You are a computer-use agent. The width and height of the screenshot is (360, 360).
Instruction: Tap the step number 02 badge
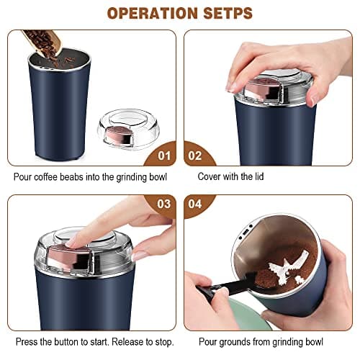coord(196,154)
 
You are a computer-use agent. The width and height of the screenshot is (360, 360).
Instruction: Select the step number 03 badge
coord(163,204)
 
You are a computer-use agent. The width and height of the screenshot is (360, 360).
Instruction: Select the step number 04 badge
coord(196,204)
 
